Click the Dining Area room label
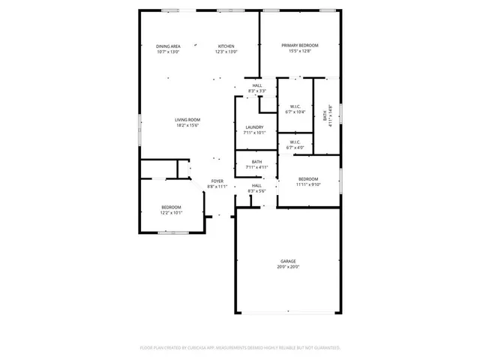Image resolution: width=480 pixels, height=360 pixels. (168, 46)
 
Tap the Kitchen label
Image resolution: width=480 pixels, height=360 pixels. (226, 46)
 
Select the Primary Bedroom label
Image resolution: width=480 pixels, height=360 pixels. (295, 46)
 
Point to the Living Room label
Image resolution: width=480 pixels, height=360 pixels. (187, 119)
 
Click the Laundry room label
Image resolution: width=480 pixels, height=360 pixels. (255, 127)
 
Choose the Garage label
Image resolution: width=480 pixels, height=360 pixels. (289, 261)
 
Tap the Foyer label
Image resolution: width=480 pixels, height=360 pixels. (217, 181)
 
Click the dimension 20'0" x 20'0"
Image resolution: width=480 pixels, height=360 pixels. (289, 267)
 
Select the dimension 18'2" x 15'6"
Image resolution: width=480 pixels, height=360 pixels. (187, 125)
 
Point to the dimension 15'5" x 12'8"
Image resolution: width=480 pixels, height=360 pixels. (295, 51)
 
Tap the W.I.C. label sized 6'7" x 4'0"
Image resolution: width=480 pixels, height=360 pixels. (293, 142)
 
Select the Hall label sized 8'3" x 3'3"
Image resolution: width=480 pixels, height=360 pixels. (257, 85)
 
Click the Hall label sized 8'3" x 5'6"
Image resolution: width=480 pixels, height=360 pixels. (257, 185)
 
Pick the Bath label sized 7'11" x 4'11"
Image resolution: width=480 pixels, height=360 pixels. (256, 161)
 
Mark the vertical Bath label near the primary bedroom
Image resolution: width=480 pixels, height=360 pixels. (325, 117)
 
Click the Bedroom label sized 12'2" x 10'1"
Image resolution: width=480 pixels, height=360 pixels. (172, 207)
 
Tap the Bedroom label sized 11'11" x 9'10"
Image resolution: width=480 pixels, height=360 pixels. (309, 178)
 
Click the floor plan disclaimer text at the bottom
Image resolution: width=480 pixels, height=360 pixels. (240, 347)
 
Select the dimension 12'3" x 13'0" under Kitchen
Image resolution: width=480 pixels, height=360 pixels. (226, 52)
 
